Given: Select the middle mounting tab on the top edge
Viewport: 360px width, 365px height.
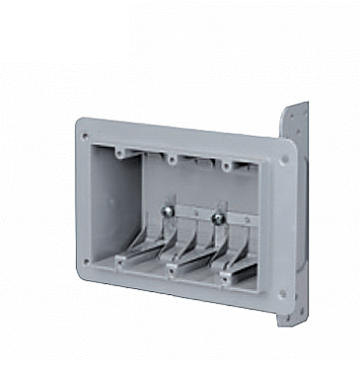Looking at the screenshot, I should click(172, 158).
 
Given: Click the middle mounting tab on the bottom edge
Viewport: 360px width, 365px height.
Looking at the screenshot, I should click(175, 270).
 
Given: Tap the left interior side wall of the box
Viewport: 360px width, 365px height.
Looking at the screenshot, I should click(111, 204).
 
